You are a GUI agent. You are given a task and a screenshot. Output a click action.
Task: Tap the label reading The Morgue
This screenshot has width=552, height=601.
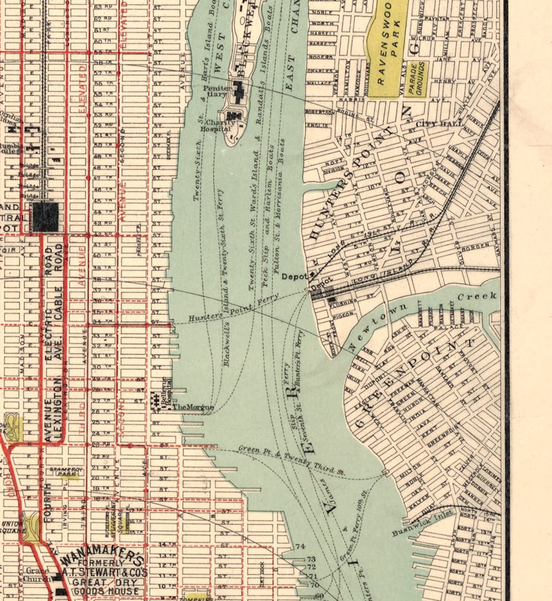(193, 407)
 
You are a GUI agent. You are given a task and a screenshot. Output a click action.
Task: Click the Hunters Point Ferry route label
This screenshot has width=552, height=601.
(233, 308)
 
